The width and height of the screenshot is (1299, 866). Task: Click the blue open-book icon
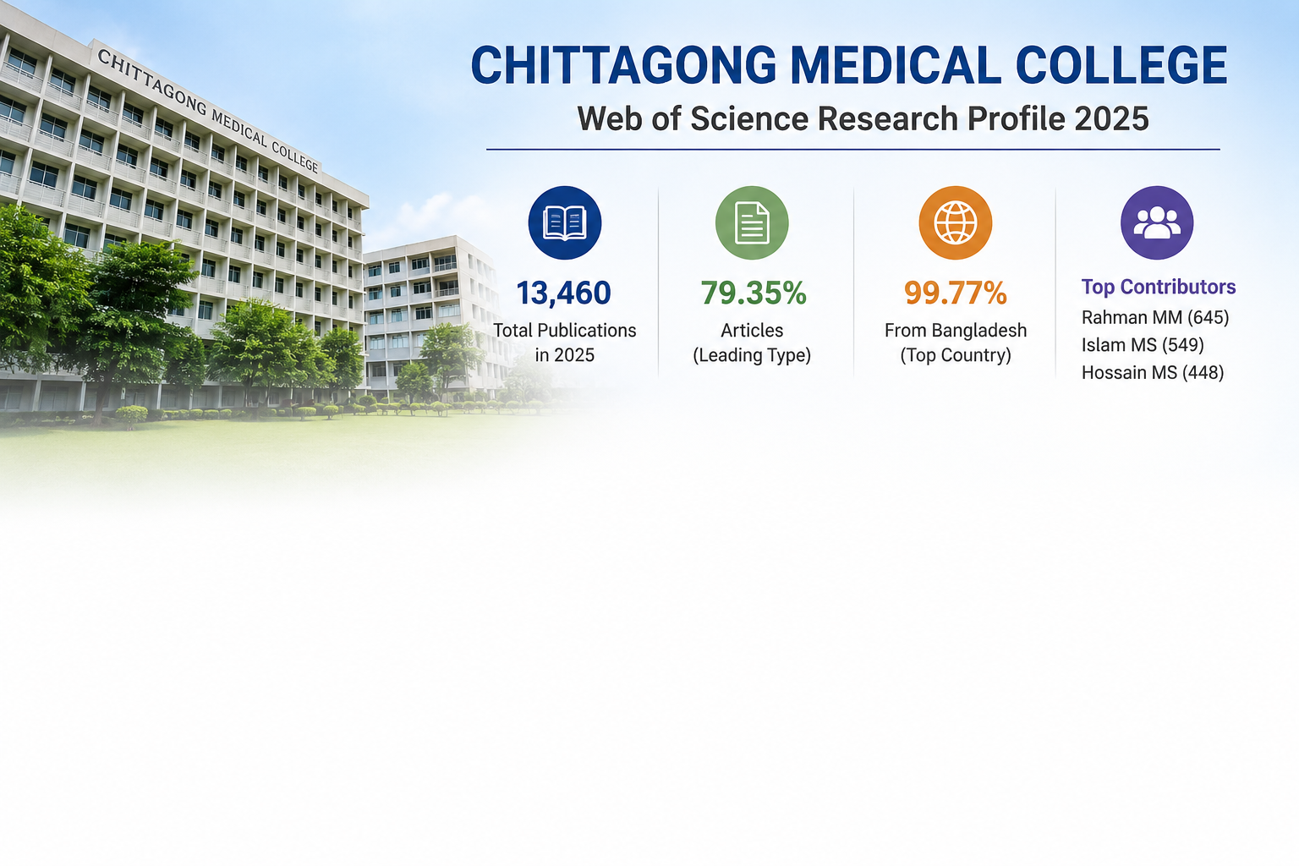[x=564, y=222]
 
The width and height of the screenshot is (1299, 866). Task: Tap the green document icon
[x=752, y=222]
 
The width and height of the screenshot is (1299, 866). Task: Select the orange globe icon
[x=955, y=222]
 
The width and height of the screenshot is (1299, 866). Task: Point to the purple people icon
[x=1157, y=222]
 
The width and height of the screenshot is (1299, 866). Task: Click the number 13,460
[x=563, y=293]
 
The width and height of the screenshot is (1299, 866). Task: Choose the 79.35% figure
[x=754, y=293]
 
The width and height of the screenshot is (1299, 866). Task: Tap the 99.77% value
[x=955, y=293]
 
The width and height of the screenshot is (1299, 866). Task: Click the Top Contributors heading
[x=1159, y=287]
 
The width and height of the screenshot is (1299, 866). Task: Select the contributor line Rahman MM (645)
[x=1155, y=317]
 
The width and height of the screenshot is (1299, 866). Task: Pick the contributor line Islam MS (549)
[x=1143, y=344]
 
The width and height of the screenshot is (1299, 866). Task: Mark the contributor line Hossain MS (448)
[x=1153, y=372]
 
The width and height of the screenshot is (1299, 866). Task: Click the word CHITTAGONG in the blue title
[x=623, y=65]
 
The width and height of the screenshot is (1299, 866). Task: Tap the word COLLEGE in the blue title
[x=1121, y=65]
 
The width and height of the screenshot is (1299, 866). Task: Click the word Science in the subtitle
[x=749, y=119]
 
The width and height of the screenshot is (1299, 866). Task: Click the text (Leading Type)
[x=752, y=355]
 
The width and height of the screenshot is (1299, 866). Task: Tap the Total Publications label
[x=564, y=330]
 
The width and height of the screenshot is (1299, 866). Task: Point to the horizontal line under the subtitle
[x=853, y=150]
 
